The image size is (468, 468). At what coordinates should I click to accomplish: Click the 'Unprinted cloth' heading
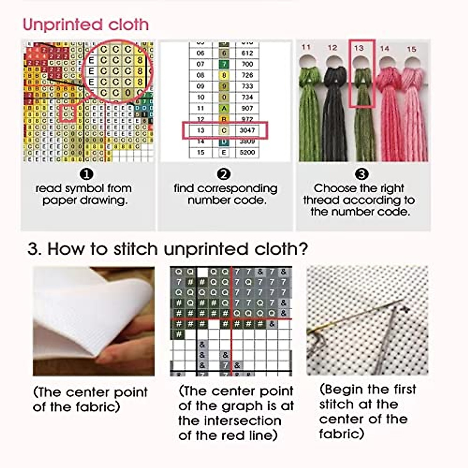[x=86, y=25]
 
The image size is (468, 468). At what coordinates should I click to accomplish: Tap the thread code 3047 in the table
[x=247, y=131]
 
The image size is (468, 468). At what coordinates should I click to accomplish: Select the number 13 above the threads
[x=359, y=48]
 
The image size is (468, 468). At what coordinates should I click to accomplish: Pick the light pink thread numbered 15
[x=413, y=113]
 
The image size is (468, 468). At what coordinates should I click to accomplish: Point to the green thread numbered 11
[x=309, y=113]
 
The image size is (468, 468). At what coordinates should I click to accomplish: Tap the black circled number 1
[x=85, y=174]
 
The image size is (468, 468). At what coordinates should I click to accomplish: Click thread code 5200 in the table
[x=247, y=152]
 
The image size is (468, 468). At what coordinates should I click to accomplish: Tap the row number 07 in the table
[x=200, y=64]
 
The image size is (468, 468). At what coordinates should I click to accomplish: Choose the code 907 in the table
[x=247, y=108]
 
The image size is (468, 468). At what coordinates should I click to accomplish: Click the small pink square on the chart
[x=68, y=113]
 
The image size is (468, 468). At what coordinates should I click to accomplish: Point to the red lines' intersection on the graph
[x=232, y=319]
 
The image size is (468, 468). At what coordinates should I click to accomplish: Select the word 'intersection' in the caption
[x=230, y=421]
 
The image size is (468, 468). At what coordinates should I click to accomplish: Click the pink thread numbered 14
[x=388, y=113]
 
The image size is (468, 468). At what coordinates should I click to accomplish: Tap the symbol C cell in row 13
[x=224, y=131]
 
